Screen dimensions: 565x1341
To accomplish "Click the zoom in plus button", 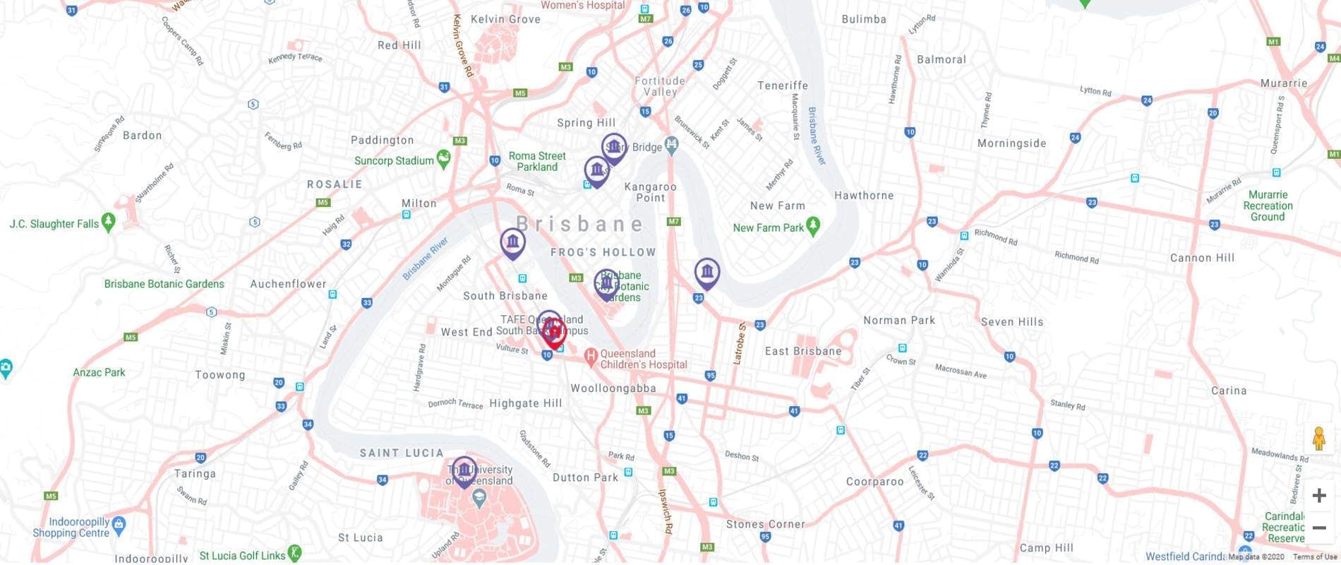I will (x=1318, y=496).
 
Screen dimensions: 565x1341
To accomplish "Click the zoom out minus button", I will (x=1318, y=528).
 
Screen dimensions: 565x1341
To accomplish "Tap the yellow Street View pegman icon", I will (x=1318, y=439).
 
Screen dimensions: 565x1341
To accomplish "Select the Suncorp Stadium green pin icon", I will (x=443, y=159).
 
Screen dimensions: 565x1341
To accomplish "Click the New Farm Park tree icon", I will (x=813, y=226).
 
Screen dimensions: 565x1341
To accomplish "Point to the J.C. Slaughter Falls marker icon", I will (x=108, y=222).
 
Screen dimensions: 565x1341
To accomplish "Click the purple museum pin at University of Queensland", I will (x=464, y=470).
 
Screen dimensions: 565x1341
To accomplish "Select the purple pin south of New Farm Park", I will (x=706, y=272).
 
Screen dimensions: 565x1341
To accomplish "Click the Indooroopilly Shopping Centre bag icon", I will (x=119, y=525).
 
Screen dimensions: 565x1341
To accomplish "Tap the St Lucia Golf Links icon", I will (x=294, y=554).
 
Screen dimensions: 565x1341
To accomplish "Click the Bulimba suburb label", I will (x=863, y=19).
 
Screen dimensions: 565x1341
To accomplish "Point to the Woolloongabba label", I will (x=613, y=388).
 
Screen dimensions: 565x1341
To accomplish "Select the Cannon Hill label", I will (x=1202, y=258).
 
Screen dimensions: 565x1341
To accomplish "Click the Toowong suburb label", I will (x=220, y=375).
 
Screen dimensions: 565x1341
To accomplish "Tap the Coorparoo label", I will (x=874, y=482).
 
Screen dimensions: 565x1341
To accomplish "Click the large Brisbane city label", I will (x=580, y=224).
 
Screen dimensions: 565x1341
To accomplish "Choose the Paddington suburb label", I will (x=382, y=140).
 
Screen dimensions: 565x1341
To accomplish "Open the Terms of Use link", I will (x=1314, y=557).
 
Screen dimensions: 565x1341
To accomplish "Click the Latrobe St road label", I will (x=740, y=343).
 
